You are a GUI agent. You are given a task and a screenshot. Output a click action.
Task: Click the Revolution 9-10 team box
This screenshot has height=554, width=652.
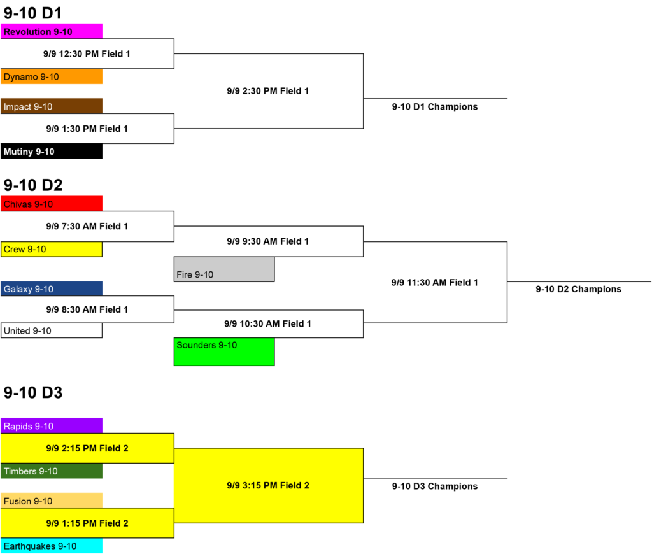[x=52, y=31]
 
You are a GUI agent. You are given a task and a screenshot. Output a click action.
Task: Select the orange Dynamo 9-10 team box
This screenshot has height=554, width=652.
[x=52, y=76]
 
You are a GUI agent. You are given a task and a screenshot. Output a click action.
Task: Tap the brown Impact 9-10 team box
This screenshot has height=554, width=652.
[x=52, y=106]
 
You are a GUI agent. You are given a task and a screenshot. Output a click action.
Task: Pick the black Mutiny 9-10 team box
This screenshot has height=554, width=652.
[x=52, y=151]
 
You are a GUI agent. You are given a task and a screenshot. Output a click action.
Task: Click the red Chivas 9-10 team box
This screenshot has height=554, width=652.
[x=52, y=203]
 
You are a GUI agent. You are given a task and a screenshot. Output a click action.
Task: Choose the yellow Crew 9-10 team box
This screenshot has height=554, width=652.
[x=52, y=249]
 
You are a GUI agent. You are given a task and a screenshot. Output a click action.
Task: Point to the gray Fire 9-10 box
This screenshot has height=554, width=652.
[x=224, y=269]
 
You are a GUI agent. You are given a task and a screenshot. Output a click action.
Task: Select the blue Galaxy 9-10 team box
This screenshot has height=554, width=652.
[x=52, y=288]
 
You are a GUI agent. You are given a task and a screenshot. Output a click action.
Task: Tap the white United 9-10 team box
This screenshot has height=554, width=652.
[x=52, y=330]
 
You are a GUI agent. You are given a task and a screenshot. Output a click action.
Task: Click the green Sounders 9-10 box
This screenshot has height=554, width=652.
[x=224, y=352]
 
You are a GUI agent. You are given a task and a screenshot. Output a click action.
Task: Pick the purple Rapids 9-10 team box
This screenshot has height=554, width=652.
[x=52, y=425]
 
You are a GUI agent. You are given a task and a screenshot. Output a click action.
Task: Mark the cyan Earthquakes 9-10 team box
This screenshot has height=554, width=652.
[x=52, y=546]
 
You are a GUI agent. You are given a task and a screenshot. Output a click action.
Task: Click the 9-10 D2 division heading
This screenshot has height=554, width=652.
[x=33, y=185]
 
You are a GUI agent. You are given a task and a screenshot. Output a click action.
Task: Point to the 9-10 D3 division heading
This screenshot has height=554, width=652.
[x=33, y=393]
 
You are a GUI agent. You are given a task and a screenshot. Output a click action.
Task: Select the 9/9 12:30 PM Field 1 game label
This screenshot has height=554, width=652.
[x=87, y=53]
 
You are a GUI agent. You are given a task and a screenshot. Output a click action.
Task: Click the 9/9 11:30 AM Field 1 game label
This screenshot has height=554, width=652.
[x=434, y=282]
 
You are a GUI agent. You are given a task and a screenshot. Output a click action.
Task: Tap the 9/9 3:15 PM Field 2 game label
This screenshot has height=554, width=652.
[x=268, y=485]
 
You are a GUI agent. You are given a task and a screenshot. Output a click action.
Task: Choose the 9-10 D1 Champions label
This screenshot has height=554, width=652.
[x=434, y=106]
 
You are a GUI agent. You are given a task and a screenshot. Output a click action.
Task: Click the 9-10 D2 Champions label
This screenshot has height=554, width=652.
[x=578, y=289]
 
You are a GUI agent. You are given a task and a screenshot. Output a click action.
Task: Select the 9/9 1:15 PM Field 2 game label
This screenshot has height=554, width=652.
[x=87, y=523]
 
